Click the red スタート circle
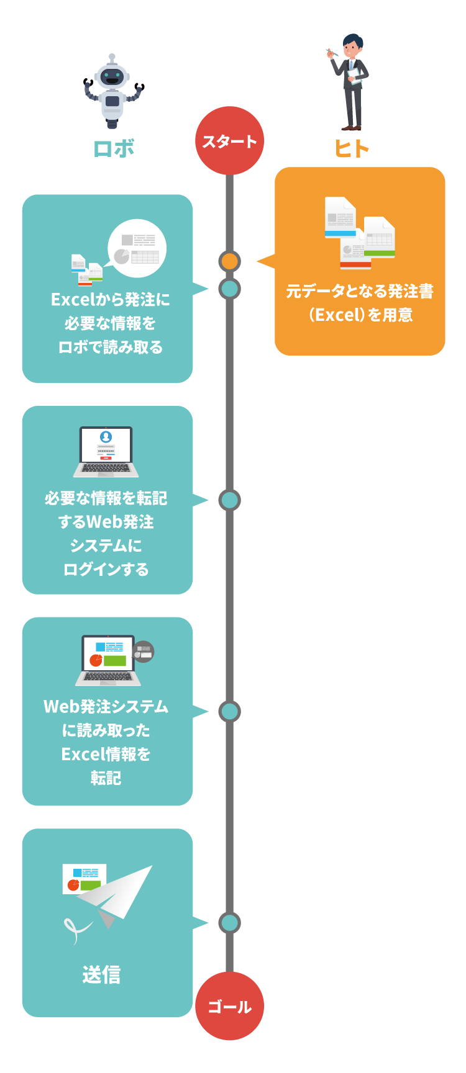click(x=229, y=141)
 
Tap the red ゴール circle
click(x=229, y=1006)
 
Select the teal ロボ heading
click(x=114, y=149)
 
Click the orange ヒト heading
click(x=352, y=149)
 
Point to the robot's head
click(x=112, y=78)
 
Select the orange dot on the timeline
click(x=229, y=261)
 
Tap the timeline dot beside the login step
click(x=229, y=500)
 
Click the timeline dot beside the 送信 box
click(x=229, y=923)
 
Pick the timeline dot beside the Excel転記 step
click(x=229, y=711)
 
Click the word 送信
click(x=101, y=974)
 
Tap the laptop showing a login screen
click(x=106, y=452)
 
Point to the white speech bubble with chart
click(x=137, y=248)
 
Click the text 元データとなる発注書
click(x=360, y=291)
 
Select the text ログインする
click(x=106, y=569)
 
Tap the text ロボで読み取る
click(x=111, y=347)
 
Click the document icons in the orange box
click(x=360, y=233)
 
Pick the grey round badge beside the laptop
click(x=144, y=652)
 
